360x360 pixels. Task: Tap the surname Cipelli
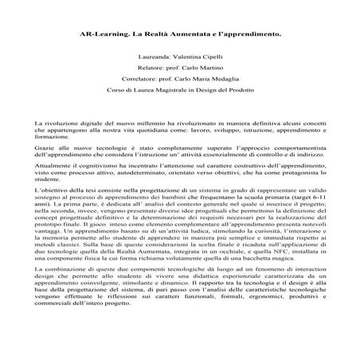pos(212,57)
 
